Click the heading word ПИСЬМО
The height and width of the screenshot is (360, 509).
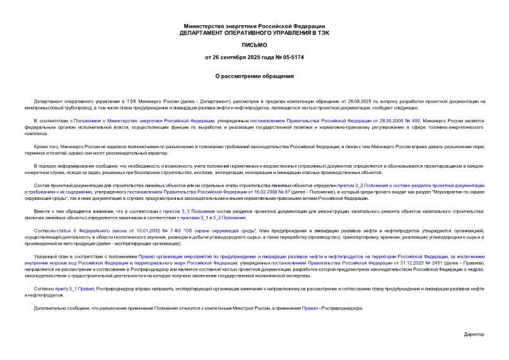point(254,45)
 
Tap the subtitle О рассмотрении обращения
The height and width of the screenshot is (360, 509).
point(254,76)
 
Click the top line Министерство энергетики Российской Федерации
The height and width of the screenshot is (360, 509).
point(254,25)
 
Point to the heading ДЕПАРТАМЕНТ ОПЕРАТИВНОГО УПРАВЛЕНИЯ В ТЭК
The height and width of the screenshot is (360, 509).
point(254,32)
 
